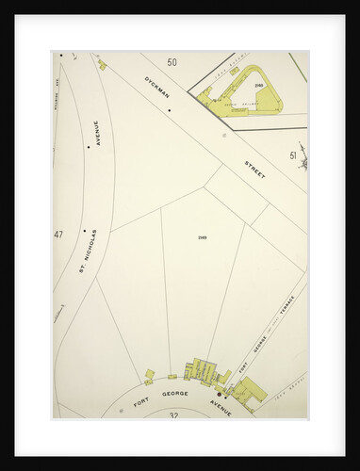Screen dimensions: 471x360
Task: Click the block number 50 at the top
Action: coord(172,62)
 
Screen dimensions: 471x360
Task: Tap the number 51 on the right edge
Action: coord(293,155)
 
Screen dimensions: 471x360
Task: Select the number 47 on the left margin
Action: coord(58,235)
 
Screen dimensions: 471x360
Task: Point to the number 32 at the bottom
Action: coord(173,414)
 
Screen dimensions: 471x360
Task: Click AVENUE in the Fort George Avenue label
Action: coord(220,404)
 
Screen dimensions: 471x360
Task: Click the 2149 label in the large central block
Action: coord(203,236)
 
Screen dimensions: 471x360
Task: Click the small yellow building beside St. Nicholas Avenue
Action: coord(102,65)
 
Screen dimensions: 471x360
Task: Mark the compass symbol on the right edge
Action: coord(304,164)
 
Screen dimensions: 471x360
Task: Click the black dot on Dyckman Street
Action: coord(169,110)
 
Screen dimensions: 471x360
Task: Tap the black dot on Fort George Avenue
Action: coord(219,394)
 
